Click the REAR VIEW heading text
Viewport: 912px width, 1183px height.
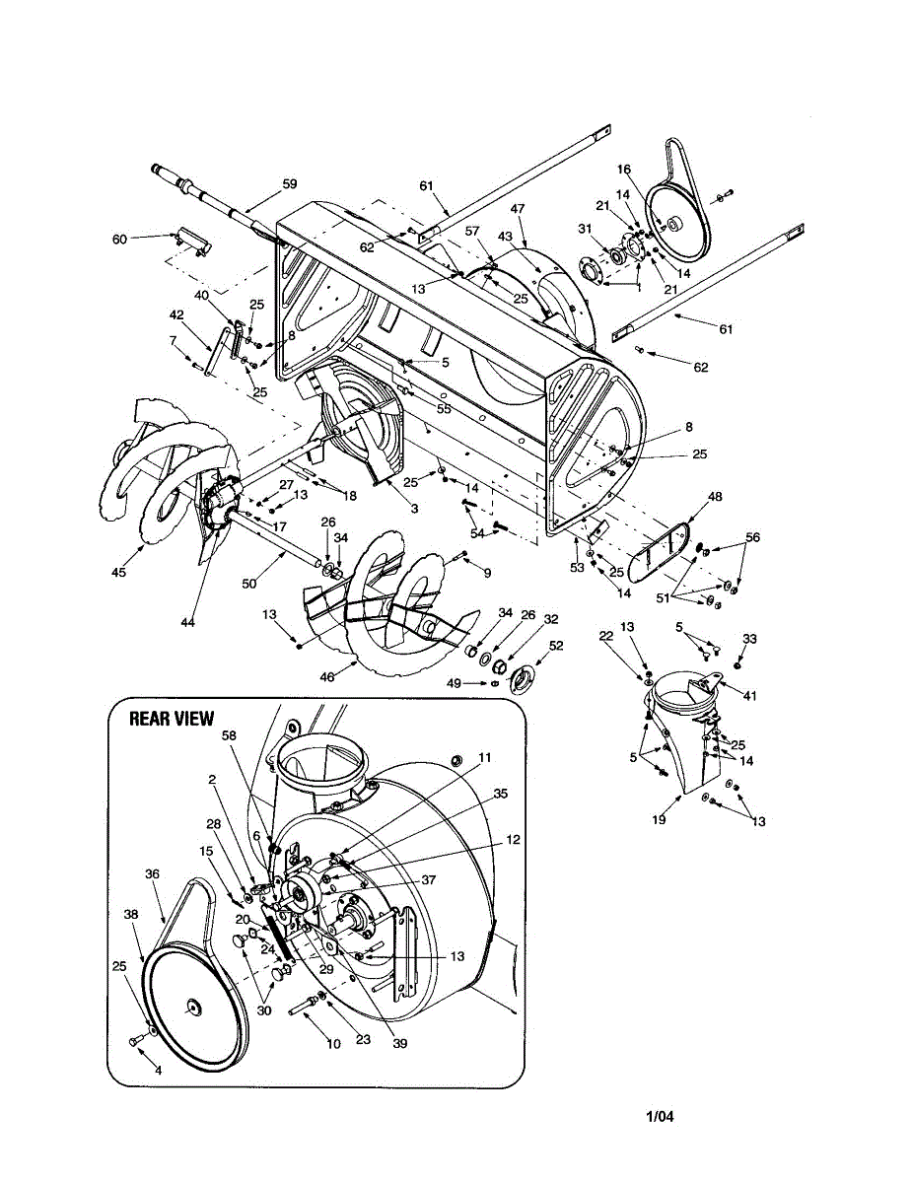pos(172,719)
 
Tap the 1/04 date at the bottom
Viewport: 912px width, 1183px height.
pos(660,1117)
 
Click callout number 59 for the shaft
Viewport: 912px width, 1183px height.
pos(289,183)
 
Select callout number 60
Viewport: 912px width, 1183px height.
pos(120,239)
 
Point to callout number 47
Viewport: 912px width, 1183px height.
pos(518,209)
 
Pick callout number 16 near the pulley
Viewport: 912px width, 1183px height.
pos(623,169)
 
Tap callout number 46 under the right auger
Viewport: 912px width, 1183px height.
pos(327,677)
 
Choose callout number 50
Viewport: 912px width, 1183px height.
pos(249,584)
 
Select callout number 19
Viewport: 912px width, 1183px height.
pos(660,819)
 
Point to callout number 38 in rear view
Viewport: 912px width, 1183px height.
pos(131,914)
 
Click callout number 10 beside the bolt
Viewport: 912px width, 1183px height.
pos(333,1042)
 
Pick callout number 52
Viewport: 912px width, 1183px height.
pos(556,646)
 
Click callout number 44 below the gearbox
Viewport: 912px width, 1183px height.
pos(187,622)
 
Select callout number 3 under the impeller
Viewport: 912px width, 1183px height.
pos(414,509)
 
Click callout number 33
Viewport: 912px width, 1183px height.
pos(749,639)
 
